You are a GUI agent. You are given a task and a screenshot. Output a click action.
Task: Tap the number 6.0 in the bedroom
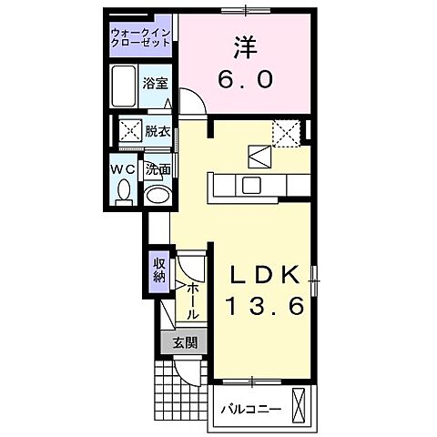[244, 80]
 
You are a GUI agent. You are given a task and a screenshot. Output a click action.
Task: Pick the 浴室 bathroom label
[156, 83]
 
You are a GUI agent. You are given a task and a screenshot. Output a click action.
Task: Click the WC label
[124, 168]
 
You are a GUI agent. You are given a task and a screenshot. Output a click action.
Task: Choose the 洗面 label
[158, 168]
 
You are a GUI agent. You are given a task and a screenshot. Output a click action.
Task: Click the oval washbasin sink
[158, 194]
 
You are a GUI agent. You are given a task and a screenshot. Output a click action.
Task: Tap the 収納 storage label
[158, 270]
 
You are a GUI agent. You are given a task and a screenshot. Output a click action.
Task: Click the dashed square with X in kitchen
[287, 134]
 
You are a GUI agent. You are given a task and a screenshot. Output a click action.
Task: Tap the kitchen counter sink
[250, 186]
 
